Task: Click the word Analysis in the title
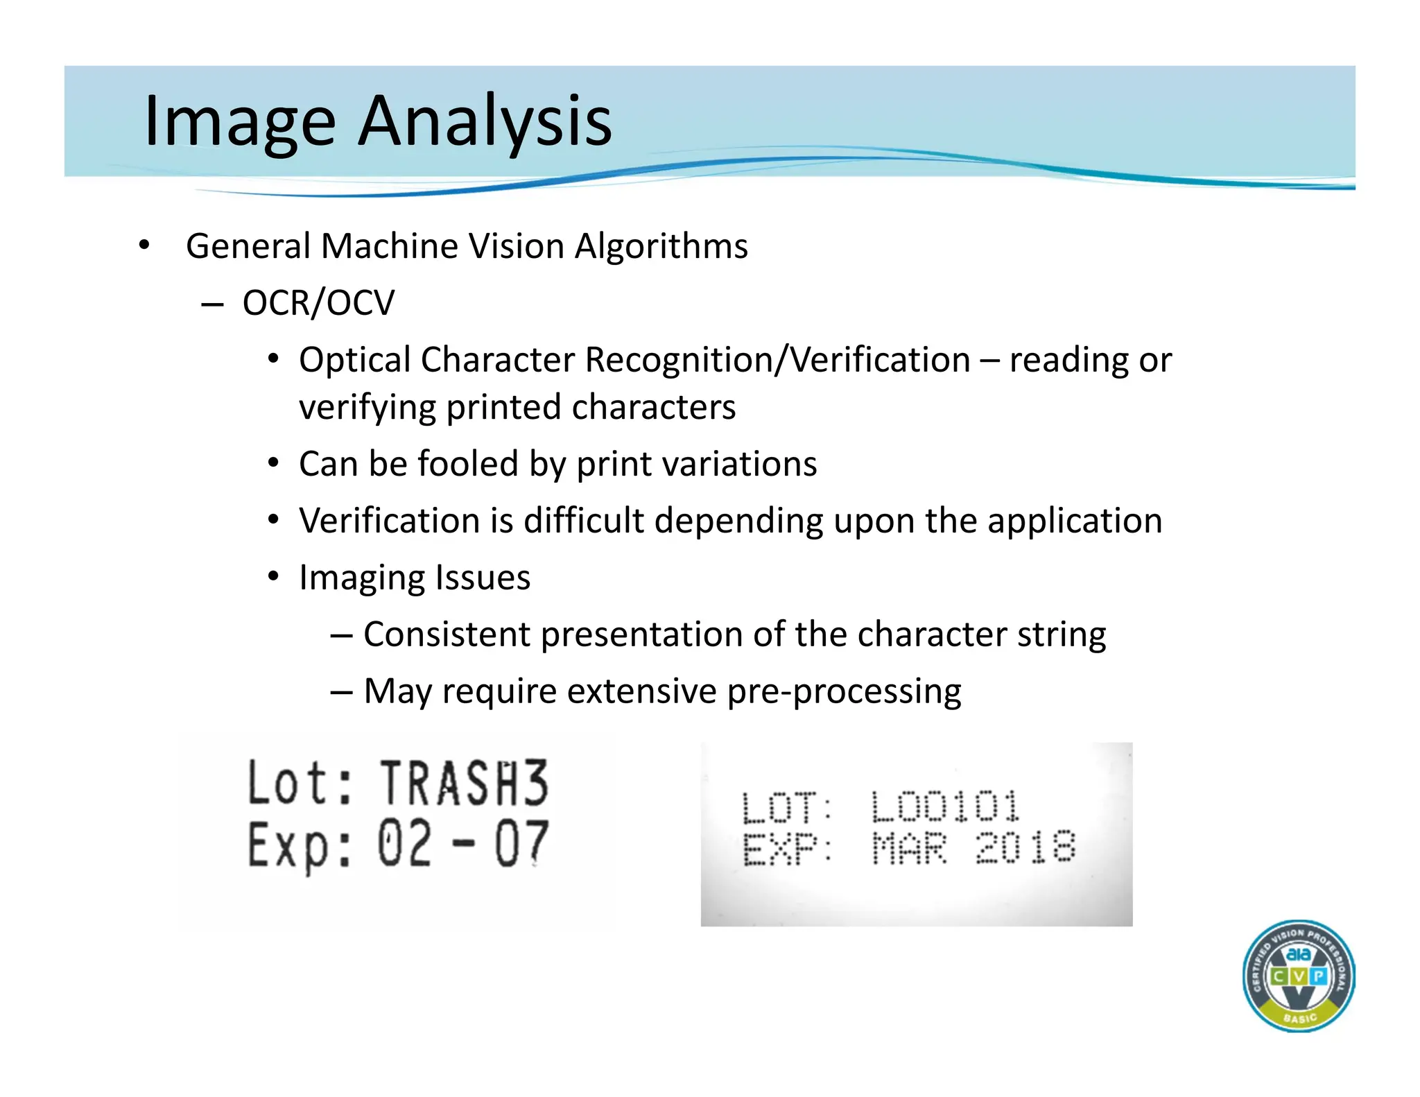485,121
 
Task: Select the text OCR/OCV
318,303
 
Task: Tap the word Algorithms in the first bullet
661,246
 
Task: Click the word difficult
583,520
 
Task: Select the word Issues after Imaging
483,577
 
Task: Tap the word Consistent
447,634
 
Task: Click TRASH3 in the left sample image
464,784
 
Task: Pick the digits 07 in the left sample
521,844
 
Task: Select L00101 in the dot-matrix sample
945,806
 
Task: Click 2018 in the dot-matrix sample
1025,847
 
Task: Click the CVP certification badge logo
1298,976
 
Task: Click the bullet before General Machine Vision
144,245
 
